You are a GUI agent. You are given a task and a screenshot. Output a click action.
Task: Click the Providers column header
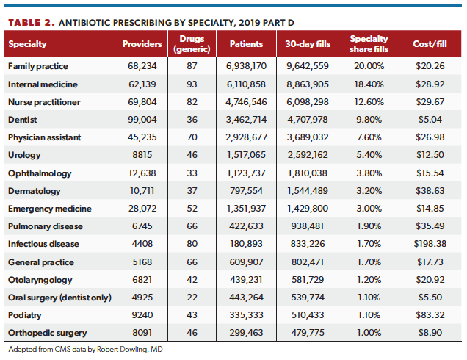point(142,44)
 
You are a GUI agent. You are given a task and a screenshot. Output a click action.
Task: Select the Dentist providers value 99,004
point(142,119)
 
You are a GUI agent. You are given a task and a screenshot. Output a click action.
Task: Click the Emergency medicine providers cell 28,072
point(142,208)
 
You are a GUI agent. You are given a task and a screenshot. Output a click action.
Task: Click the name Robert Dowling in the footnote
point(126,348)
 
